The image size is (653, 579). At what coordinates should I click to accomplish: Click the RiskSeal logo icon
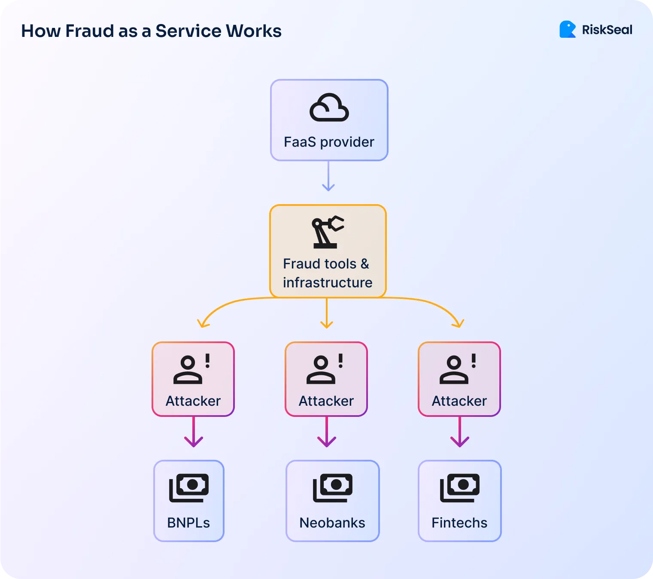(x=567, y=30)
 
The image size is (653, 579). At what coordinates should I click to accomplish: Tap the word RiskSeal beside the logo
(x=607, y=30)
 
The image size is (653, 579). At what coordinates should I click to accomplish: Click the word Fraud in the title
(x=90, y=31)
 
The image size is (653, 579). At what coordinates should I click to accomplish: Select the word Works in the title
(x=254, y=31)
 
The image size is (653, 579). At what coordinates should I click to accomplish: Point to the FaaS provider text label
(x=329, y=142)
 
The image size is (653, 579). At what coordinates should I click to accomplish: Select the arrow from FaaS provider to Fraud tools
(x=328, y=177)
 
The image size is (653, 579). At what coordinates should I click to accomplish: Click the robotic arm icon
(x=327, y=232)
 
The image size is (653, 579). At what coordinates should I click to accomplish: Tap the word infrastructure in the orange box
(x=328, y=283)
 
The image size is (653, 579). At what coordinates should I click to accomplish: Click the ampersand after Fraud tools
(x=364, y=264)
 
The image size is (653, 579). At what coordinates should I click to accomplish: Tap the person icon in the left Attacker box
(x=188, y=370)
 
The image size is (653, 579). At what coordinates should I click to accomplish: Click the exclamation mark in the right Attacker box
(x=474, y=361)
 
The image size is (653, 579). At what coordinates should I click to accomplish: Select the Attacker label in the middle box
(x=326, y=401)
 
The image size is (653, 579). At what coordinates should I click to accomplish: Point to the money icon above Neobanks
(x=333, y=488)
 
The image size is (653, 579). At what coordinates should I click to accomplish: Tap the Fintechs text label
(x=459, y=523)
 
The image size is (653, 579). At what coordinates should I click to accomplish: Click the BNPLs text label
(x=188, y=523)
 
